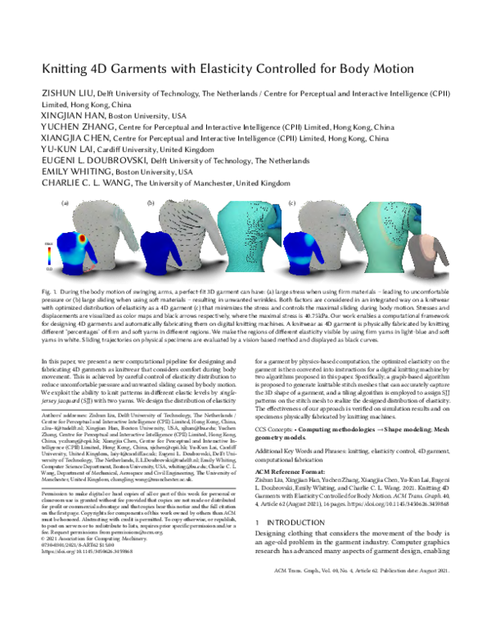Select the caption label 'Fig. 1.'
coord(51,292)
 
